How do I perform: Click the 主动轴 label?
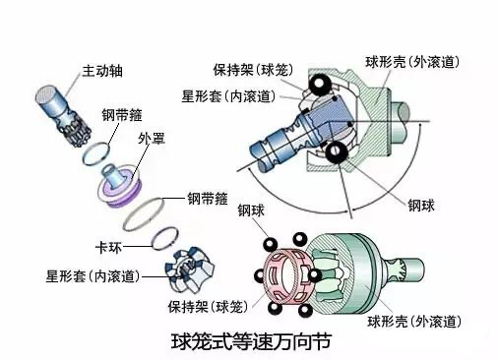coord(102,71)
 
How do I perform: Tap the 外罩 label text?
coord(152,139)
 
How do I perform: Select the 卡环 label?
coord(108,247)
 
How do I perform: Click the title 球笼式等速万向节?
coord(251,341)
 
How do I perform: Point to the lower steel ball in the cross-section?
coord(336,152)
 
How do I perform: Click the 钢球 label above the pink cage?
coord(251,210)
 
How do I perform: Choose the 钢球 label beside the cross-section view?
coord(421,206)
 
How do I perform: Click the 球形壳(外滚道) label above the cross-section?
coord(412,62)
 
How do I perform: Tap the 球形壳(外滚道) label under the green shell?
coord(414,322)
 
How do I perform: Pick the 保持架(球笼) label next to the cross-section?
coord(253,70)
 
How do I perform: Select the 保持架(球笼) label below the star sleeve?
coord(208,307)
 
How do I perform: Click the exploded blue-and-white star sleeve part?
coord(190,270)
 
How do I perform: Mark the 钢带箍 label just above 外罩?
coord(122,115)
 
